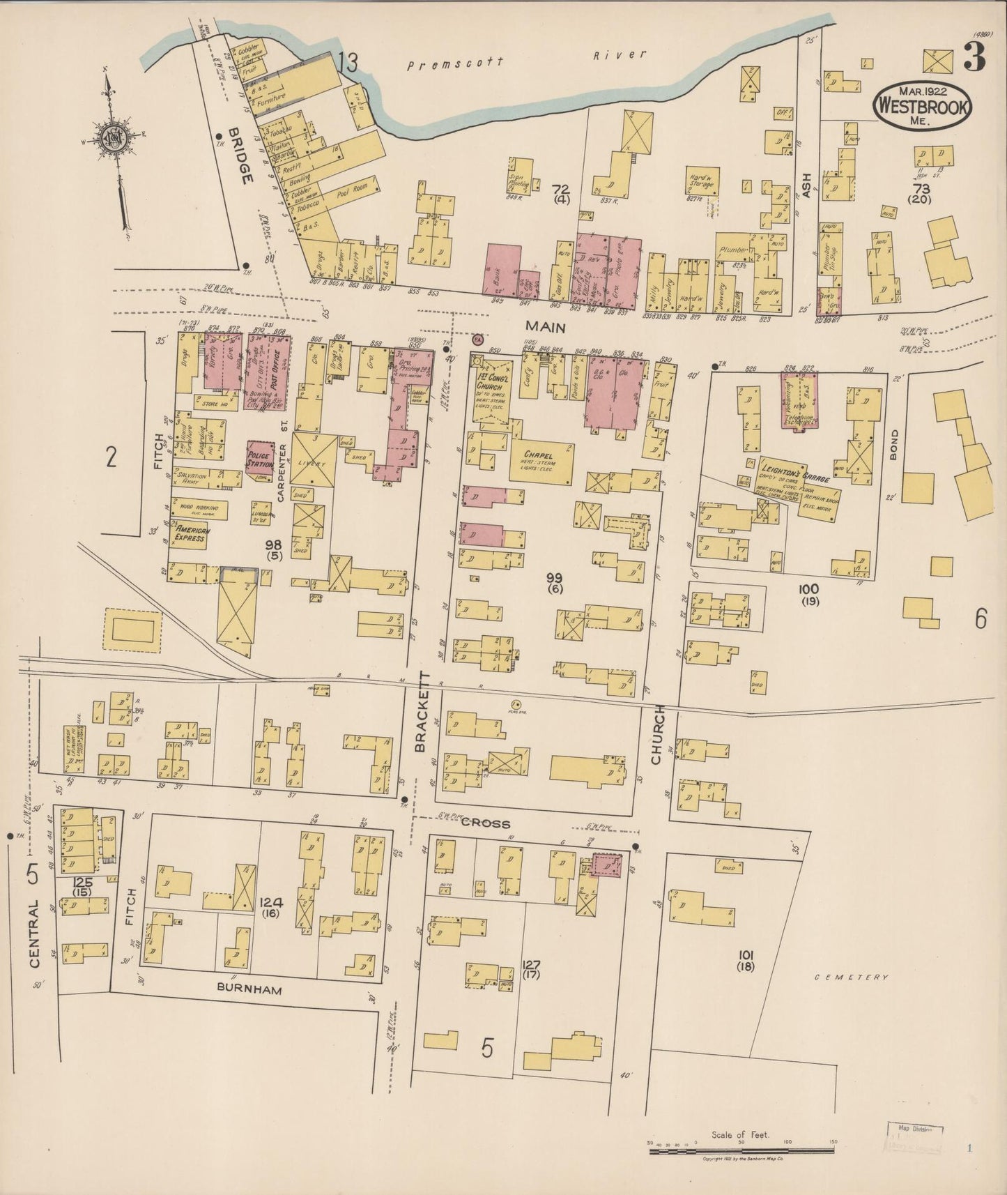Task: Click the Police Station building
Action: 260,459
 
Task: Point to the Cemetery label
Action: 852,977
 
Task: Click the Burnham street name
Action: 249,988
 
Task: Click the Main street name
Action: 545,326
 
